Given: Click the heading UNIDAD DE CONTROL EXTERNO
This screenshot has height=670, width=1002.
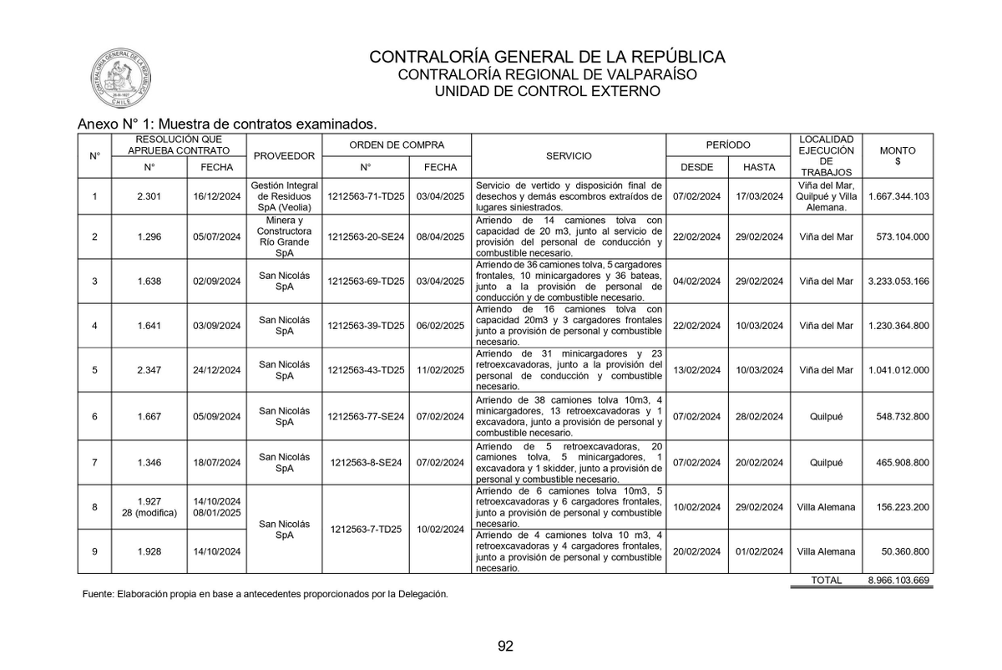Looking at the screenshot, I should [x=548, y=91].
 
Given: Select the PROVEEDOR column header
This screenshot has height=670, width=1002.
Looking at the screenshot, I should [x=284, y=156].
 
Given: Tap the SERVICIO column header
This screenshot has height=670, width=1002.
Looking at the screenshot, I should [x=569, y=156].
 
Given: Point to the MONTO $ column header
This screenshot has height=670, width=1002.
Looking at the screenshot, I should [x=898, y=156].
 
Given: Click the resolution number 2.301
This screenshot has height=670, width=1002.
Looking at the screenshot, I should [x=149, y=196].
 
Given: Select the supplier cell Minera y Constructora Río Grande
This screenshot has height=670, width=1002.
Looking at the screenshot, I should [x=284, y=236].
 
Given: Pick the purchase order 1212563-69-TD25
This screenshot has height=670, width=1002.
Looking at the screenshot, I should [x=366, y=282].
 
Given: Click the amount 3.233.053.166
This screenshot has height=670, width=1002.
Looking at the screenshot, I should [x=898, y=282].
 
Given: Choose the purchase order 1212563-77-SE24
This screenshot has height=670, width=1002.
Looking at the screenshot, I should [x=366, y=416].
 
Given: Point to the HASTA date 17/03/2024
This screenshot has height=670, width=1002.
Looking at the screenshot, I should [x=759, y=196].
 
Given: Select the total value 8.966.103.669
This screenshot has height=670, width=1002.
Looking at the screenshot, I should [x=898, y=580].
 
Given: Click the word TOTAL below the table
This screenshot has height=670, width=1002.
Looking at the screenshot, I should [x=826, y=580].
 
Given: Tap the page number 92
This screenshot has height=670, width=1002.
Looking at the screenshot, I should [x=505, y=646].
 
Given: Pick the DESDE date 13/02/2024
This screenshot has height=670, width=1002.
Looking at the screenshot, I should [x=697, y=370].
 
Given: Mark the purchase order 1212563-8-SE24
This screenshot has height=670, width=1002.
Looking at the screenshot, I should [x=366, y=463].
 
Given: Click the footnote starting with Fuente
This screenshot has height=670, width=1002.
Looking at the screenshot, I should [x=266, y=595].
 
